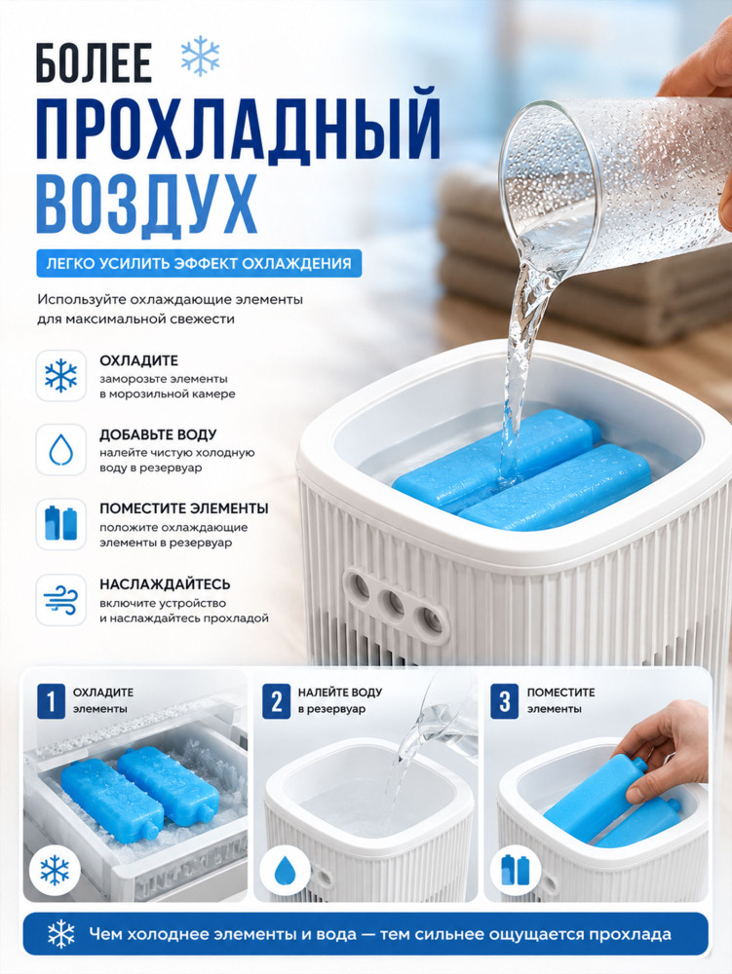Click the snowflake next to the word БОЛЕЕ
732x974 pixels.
click(x=200, y=56)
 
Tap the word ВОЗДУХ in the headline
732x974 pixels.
click(x=146, y=205)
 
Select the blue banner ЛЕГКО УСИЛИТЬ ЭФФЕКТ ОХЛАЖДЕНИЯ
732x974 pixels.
click(x=199, y=263)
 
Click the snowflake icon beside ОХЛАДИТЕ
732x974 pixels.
click(x=60, y=376)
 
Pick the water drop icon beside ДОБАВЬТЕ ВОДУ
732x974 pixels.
click(x=60, y=450)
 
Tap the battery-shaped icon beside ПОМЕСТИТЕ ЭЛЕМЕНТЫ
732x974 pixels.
click(x=60, y=524)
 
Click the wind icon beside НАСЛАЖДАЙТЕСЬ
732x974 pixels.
click(x=60, y=599)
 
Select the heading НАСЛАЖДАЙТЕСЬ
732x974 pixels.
click(x=165, y=584)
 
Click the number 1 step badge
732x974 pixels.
click(x=51, y=700)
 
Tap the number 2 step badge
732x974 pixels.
click(x=276, y=700)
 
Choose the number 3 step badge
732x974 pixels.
click(x=504, y=700)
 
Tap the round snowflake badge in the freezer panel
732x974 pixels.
click(x=55, y=870)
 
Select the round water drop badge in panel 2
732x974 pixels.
click(x=285, y=870)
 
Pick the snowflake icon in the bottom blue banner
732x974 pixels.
click(x=60, y=934)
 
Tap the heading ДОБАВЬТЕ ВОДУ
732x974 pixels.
click(x=158, y=434)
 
